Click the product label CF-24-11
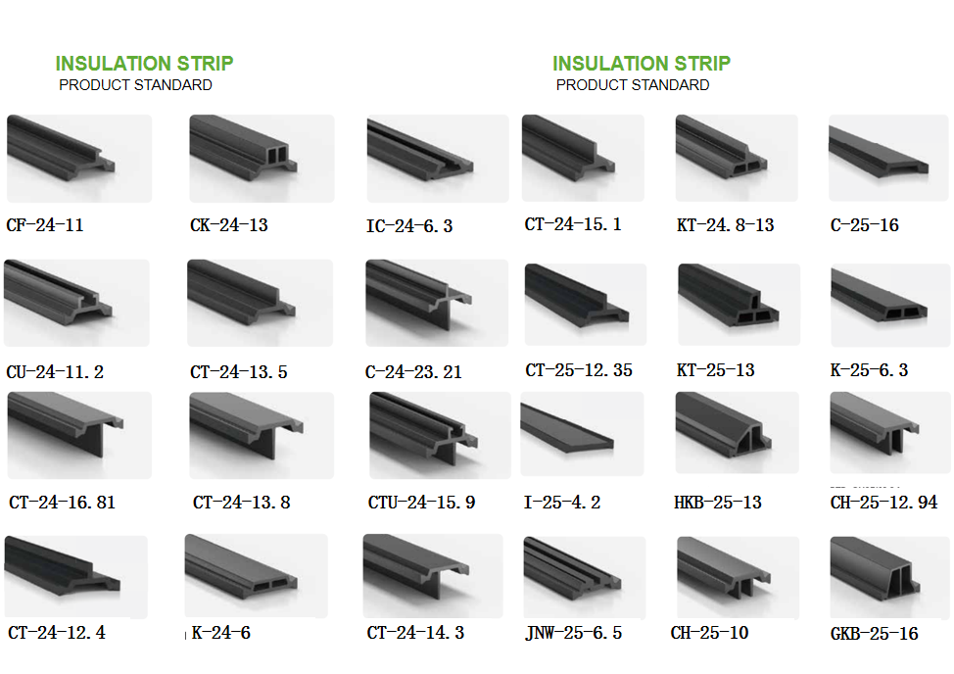click(x=45, y=225)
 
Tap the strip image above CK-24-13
click(x=262, y=158)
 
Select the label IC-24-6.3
click(x=409, y=226)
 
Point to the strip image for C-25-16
click(x=888, y=158)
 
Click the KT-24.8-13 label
click(x=725, y=225)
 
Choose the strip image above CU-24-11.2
click(x=76, y=303)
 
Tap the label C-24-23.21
click(x=413, y=371)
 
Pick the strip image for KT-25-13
click(x=738, y=305)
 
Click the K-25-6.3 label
click(x=870, y=370)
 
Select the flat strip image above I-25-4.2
click(x=582, y=434)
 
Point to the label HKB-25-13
click(x=718, y=503)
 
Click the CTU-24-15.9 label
click(x=421, y=503)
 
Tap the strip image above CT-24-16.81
click(x=79, y=435)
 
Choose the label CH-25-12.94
click(x=884, y=503)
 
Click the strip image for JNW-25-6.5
click(x=585, y=577)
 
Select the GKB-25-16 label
click(x=875, y=634)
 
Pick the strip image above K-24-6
click(x=257, y=576)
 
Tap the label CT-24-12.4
click(x=57, y=633)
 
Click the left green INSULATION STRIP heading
click(x=144, y=64)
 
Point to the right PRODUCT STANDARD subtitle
click(x=633, y=85)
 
